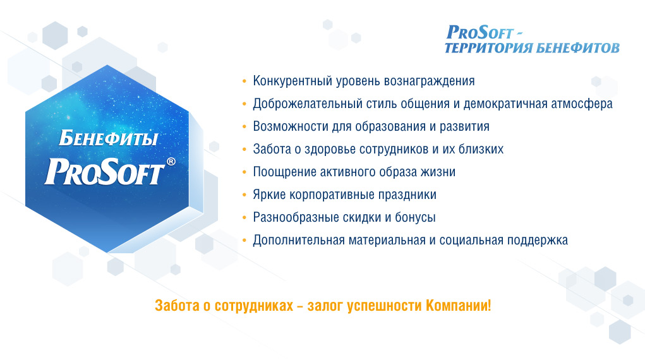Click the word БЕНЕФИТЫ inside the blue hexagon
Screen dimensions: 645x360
(108, 138)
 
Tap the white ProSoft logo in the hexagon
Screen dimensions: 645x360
(105, 172)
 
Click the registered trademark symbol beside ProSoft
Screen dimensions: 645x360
(171, 161)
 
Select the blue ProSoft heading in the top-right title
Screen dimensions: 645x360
(480, 32)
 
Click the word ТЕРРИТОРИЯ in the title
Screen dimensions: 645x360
(488, 48)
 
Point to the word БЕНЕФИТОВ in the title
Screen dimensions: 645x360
(577, 48)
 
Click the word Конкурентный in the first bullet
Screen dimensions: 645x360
(292, 81)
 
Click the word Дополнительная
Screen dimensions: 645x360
(299, 240)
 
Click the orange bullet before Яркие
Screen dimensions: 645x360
(244, 195)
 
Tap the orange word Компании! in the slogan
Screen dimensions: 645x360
(458, 306)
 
